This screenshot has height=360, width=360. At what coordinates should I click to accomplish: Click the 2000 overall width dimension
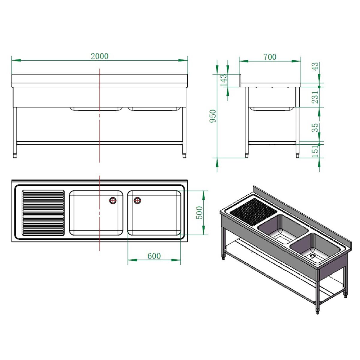[x=100, y=56]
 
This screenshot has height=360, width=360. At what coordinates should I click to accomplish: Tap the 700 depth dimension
[x=270, y=57]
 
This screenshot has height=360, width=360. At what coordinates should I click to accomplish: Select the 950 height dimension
[x=213, y=116]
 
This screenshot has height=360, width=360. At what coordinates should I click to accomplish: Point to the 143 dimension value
[x=223, y=80]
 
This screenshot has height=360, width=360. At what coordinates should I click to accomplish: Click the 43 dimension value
[x=315, y=67]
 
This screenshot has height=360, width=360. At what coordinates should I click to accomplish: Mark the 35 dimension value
[x=315, y=127]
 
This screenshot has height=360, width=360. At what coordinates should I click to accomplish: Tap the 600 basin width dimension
[x=154, y=256]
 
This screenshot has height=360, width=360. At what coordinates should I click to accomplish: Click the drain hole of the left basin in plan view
[x=113, y=200]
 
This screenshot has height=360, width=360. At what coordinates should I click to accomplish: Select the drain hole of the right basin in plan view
[x=137, y=200]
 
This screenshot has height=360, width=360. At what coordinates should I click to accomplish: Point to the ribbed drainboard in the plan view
[x=43, y=212]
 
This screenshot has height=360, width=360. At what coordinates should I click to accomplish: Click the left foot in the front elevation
[x=15, y=155]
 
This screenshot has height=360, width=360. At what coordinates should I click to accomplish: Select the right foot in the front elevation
[x=184, y=155]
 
